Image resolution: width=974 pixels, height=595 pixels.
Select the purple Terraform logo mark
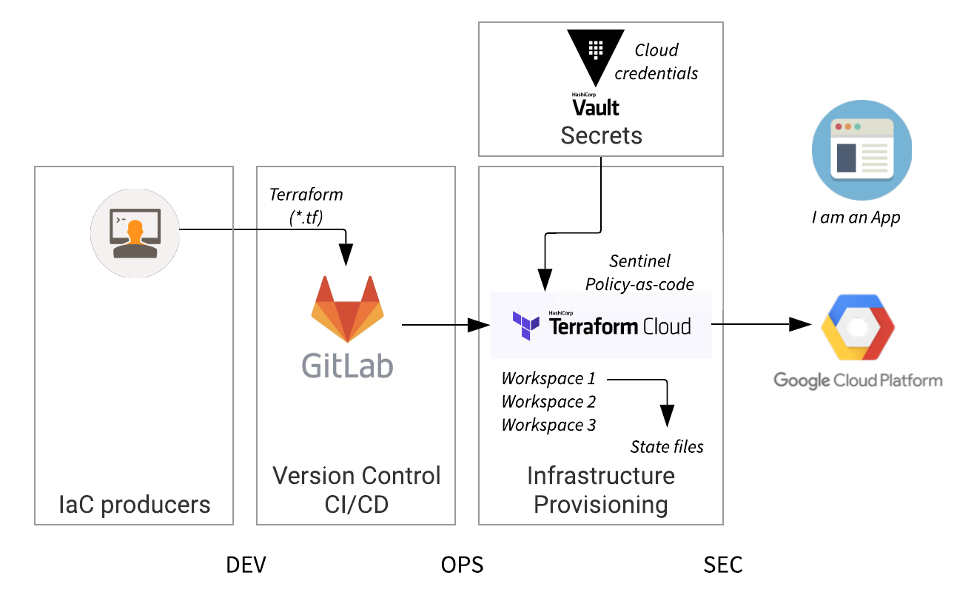click(526, 326)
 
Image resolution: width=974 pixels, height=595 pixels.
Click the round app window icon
click(862, 151)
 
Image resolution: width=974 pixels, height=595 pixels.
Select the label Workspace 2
click(548, 402)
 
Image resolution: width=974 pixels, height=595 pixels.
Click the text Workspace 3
click(548, 425)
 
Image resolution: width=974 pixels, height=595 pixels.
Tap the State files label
click(667, 446)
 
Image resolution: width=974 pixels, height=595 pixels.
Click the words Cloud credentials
click(656, 61)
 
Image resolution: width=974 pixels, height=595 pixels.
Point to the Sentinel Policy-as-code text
click(640, 272)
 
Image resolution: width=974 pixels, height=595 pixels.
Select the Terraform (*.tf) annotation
click(306, 206)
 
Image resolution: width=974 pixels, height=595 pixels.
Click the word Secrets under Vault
click(601, 135)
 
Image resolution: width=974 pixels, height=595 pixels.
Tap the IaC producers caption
click(135, 505)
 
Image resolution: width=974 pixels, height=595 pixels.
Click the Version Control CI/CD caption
click(357, 489)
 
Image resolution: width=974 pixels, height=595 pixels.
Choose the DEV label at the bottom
click(246, 565)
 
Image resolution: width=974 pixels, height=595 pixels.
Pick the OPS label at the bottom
click(462, 565)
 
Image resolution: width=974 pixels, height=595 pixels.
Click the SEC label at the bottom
click(722, 565)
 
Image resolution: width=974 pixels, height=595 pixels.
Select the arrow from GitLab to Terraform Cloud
click(440, 325)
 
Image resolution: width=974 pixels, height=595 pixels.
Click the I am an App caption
click(856, 218)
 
